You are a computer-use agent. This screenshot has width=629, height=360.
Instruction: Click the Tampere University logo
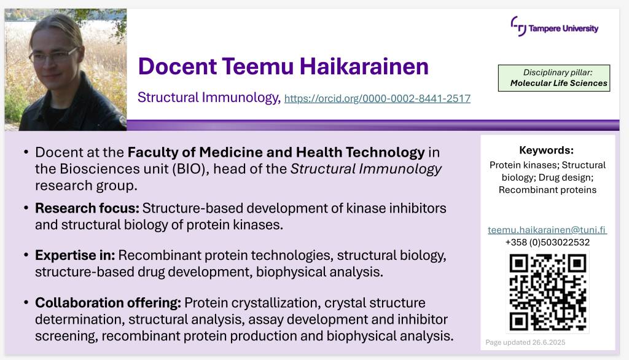(555, 26)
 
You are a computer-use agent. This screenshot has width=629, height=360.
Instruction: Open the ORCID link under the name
(377, 98)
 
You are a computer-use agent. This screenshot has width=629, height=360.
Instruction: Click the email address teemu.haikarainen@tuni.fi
(547, 230)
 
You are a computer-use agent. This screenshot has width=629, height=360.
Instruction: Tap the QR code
(547, 292)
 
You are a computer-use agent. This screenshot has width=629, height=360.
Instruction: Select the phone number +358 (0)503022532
(547, 243)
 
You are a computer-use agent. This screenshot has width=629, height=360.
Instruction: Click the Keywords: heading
(546, 150)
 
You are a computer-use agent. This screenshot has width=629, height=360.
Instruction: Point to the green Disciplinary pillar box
(554, 78)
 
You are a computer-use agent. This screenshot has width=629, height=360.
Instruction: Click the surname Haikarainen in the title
(364, 66)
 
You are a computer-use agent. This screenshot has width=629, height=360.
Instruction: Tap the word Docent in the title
(178, 66)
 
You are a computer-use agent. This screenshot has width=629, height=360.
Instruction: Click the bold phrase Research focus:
(87, 208)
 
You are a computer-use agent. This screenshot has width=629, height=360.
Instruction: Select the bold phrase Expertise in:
(75, 255)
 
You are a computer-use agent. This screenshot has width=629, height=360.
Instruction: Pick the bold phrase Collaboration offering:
(108, 303)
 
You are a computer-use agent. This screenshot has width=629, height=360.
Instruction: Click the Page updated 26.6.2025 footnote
(525, 342)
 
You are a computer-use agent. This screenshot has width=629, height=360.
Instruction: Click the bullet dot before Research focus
(26, 208)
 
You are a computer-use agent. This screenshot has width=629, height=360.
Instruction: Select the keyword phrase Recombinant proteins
(547, 190)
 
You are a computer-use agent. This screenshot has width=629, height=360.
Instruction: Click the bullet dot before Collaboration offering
(26, 303)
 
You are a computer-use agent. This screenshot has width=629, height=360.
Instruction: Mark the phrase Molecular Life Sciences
(559, 83)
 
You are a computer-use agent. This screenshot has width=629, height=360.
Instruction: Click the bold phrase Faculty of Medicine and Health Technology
(276, 152)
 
